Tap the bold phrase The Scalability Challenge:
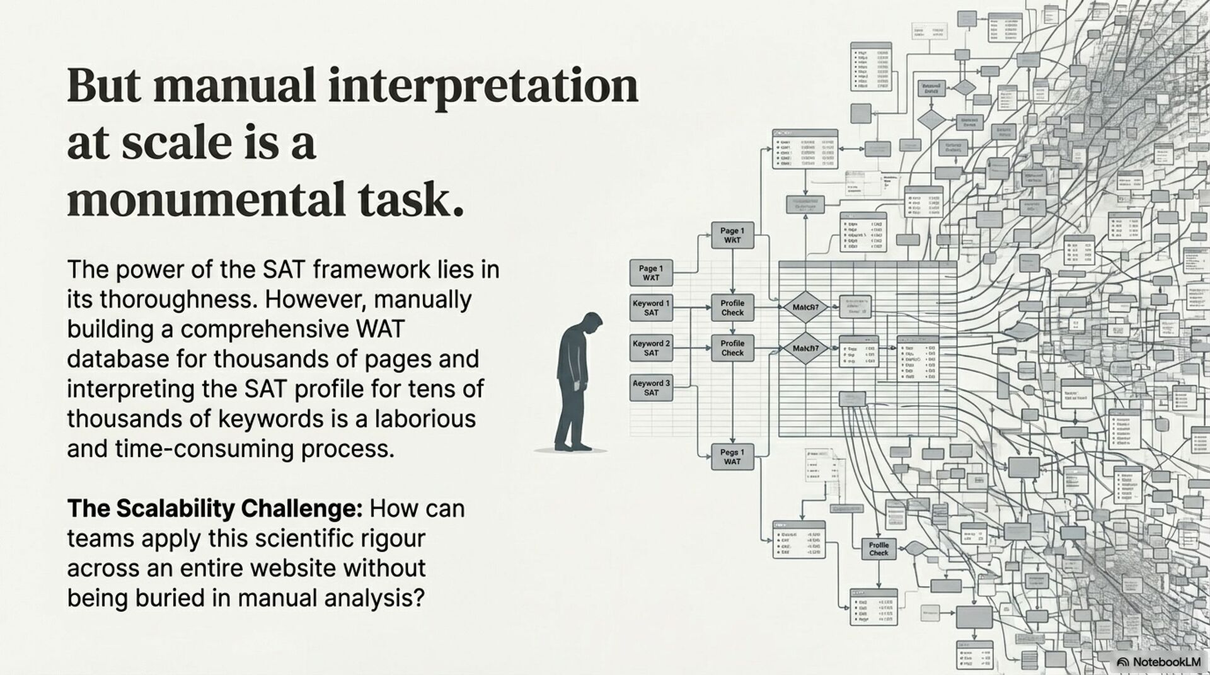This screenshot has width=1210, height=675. point(215,508)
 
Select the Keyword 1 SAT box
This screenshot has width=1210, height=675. point(651,308)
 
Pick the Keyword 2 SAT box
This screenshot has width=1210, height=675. point(651,348)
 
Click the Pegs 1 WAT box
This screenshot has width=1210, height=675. point(732,457)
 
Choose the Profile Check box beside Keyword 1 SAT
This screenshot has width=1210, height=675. point(732,308)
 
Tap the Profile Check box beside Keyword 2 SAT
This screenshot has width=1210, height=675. point(732,348)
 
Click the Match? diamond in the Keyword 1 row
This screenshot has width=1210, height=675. point(805,307)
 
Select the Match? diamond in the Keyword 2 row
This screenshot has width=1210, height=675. point(805,348)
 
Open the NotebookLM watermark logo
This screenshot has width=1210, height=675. point(1122,662)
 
